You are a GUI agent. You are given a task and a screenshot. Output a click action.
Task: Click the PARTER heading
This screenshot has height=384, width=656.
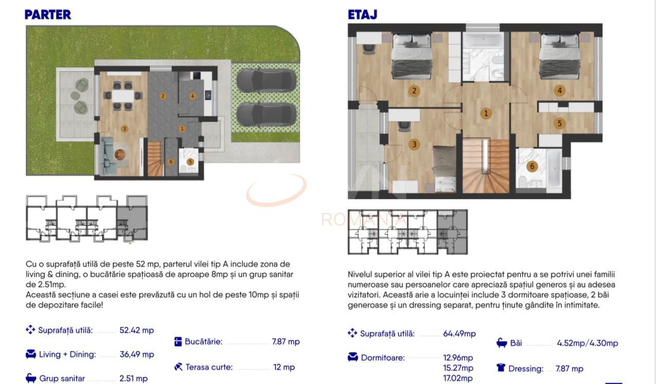48,14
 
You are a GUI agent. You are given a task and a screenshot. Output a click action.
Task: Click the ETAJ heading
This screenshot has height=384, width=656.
362,14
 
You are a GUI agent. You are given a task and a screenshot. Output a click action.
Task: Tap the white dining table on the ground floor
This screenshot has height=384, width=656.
123,95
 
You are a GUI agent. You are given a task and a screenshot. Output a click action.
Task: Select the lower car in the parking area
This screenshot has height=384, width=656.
266,112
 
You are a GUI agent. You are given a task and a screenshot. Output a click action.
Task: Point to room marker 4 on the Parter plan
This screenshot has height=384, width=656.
192,96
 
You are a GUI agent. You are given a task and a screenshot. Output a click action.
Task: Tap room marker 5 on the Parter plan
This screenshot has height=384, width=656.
190,162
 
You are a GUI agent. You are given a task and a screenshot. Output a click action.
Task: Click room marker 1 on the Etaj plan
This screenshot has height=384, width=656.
485,113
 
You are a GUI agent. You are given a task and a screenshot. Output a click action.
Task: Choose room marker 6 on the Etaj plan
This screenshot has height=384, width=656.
532,166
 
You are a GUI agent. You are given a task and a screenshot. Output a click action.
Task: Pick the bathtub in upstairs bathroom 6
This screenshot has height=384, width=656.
553,169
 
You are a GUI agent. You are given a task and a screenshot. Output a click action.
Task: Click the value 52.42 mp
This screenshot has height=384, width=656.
136,330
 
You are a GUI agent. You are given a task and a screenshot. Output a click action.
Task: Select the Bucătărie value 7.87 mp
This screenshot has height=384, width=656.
286,342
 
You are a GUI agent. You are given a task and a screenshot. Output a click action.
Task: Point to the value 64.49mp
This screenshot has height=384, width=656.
459,333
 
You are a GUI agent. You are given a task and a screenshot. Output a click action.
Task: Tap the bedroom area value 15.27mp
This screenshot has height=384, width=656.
458,368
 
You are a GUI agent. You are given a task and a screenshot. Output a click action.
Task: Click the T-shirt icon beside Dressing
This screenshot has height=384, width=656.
501,368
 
